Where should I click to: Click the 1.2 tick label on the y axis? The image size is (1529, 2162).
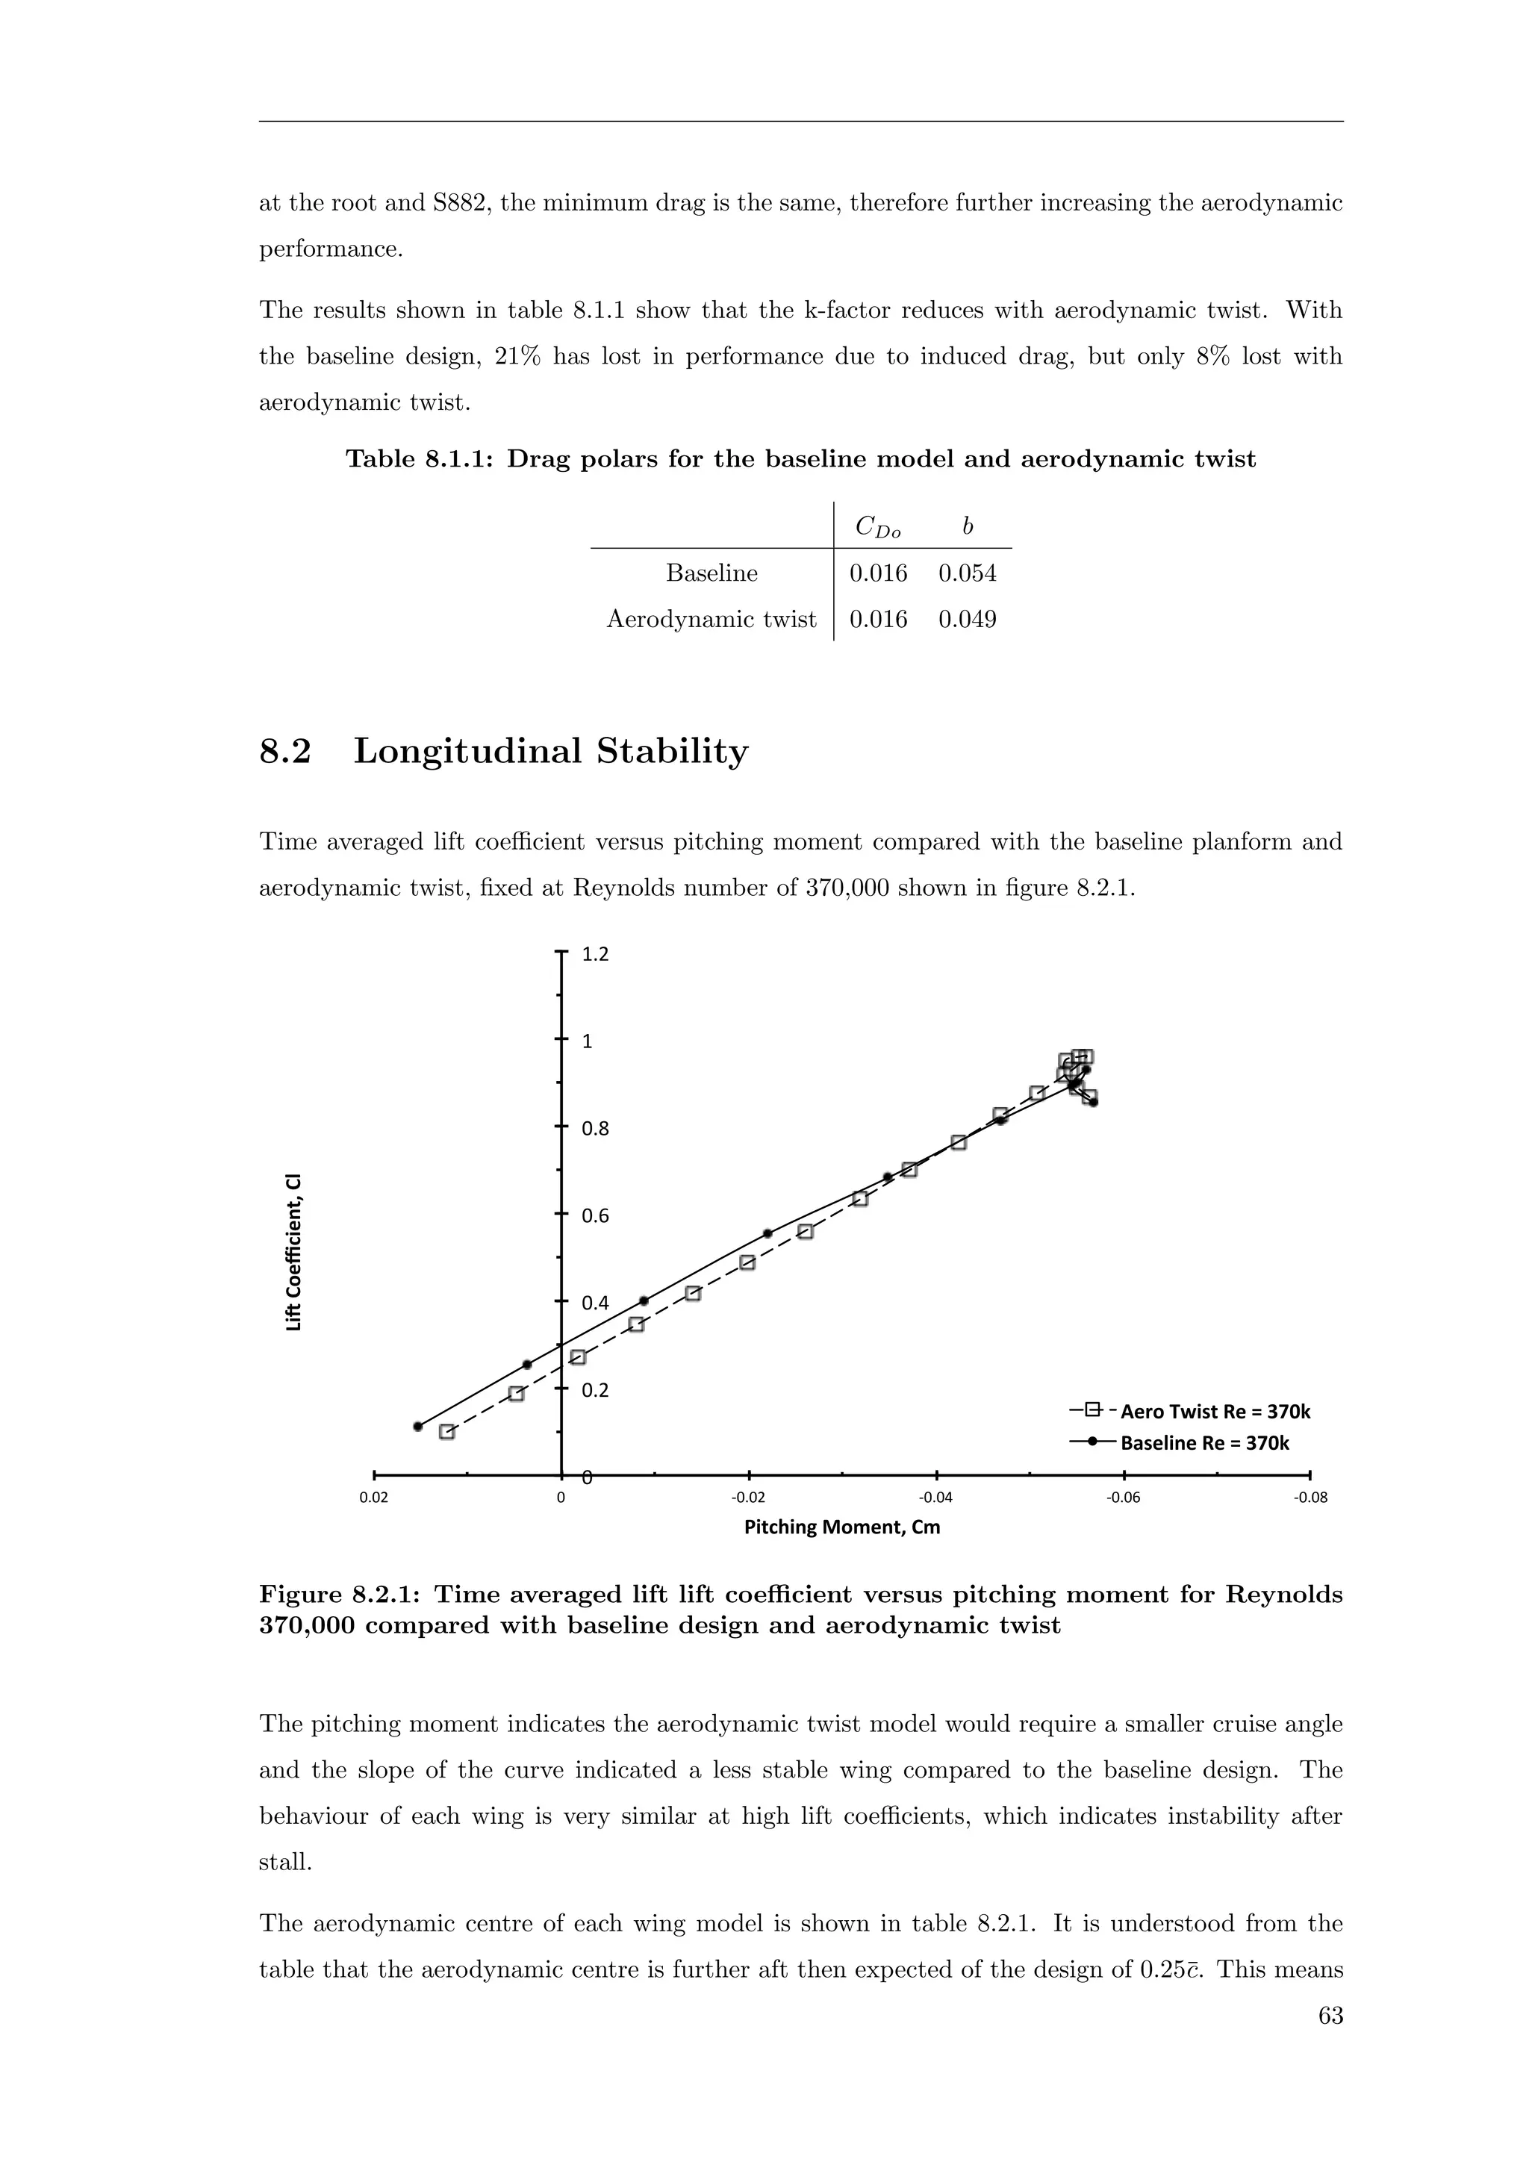595,954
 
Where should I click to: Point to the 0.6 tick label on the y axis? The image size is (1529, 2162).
595,1215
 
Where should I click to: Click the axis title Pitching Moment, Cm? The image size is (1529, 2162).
841,1527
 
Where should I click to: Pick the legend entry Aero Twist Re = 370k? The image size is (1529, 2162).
1215,1412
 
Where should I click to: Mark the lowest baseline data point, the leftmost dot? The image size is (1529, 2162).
418,1427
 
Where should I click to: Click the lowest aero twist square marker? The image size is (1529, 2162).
447,1431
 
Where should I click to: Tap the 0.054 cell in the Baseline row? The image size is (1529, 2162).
967,573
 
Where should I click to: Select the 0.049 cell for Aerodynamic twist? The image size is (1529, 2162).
967,620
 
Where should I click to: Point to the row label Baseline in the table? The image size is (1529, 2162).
711,573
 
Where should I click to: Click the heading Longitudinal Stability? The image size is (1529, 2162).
551,752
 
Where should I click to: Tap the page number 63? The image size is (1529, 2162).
1330,2015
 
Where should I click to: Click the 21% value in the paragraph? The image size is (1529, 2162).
517,357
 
